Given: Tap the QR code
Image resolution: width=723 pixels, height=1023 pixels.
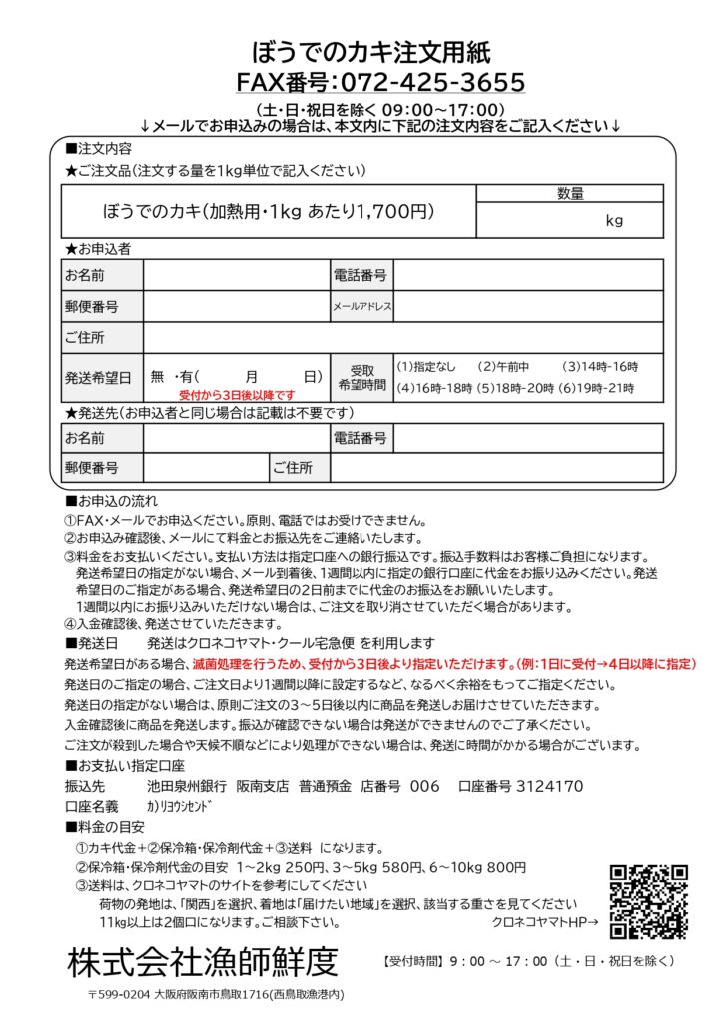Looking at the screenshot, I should click(x=649, y=901).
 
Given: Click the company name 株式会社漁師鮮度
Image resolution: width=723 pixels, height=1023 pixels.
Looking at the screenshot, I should click(x=203, y=962).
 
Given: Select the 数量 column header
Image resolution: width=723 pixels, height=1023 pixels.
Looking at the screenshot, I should click(x=569, y=194).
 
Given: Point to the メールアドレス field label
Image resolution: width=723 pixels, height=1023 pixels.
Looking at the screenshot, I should click(x=361, y=306).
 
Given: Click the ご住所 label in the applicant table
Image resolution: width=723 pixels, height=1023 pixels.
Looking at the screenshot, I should click(x=85, y=337).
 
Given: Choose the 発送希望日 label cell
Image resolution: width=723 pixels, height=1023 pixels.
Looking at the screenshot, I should click(x=98, y=377).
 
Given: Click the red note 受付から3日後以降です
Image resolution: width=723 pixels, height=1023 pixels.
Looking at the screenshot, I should click(x=238, y=395).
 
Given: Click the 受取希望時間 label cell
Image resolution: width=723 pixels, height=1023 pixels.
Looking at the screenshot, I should click(x=361, y=377).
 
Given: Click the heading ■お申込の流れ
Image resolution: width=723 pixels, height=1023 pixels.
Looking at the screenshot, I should click(x=111, y=500).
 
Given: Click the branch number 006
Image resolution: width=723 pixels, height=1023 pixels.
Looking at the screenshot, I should click(x=424, y=786).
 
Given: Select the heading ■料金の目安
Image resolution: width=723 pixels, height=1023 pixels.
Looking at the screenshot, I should click(x=105, y=827).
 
